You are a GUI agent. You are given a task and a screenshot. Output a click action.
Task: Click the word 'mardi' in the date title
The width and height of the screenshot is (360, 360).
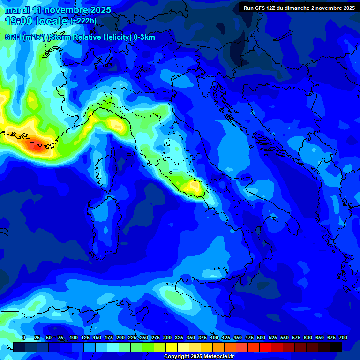tap(17, 10)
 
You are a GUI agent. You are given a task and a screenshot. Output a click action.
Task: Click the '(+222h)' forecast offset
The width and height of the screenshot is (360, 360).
tap(83, 21)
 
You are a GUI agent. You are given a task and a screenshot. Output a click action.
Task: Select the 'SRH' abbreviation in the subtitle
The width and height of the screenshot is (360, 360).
tap(13, 37)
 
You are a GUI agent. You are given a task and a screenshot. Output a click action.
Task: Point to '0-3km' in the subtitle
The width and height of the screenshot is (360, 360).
tap(144, 37)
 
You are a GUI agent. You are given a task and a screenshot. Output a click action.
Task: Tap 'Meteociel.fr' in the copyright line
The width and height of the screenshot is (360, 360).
tap(222, 357)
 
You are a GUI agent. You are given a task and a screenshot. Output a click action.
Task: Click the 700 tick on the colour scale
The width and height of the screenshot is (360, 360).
tap(343, 337)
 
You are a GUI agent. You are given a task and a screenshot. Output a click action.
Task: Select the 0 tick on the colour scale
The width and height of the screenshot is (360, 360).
tap(24, 337)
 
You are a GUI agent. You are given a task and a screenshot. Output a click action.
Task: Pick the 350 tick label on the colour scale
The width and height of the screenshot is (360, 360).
tap(191, 337)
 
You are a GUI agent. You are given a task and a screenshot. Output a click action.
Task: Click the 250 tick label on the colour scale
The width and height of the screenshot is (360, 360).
tap(144, 337)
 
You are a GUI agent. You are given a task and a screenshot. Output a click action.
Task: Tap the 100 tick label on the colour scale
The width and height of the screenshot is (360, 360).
tap(74, 337)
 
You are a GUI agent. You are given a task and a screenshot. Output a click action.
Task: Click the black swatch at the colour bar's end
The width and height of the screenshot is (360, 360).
tap(336, 347)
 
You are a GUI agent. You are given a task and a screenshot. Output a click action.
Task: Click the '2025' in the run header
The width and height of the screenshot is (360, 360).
tap(347, 8)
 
